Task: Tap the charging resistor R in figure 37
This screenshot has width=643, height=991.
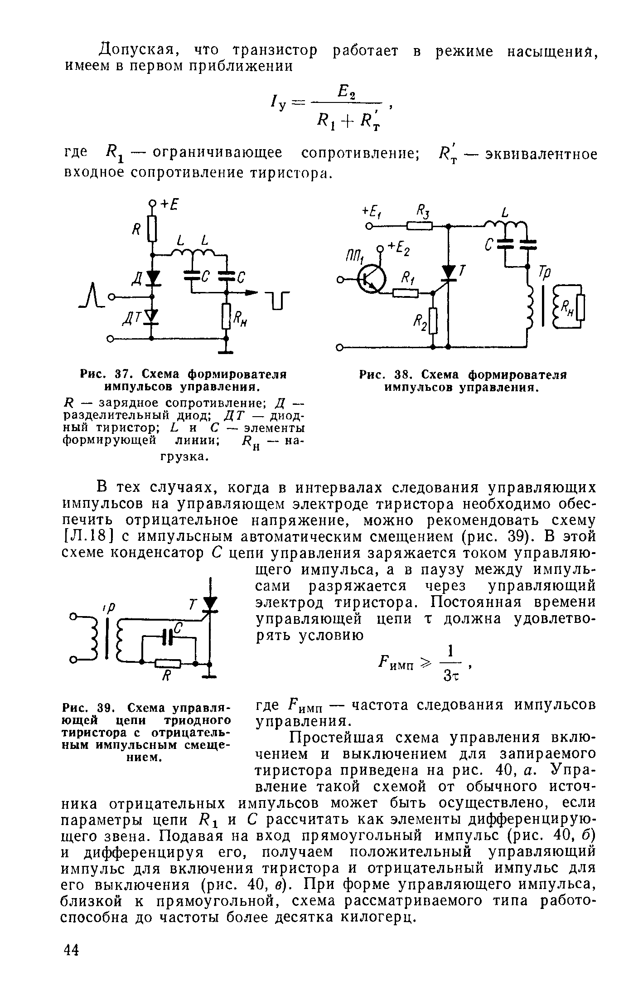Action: [152, 229]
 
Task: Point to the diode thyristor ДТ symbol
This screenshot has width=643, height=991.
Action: [153, 317]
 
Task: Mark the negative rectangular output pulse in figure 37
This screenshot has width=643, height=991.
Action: [277, 300]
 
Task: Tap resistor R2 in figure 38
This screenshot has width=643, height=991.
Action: [433, 321]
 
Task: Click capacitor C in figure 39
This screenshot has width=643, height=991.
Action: [169, 637]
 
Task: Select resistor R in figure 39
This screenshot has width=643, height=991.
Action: [168, 664]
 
